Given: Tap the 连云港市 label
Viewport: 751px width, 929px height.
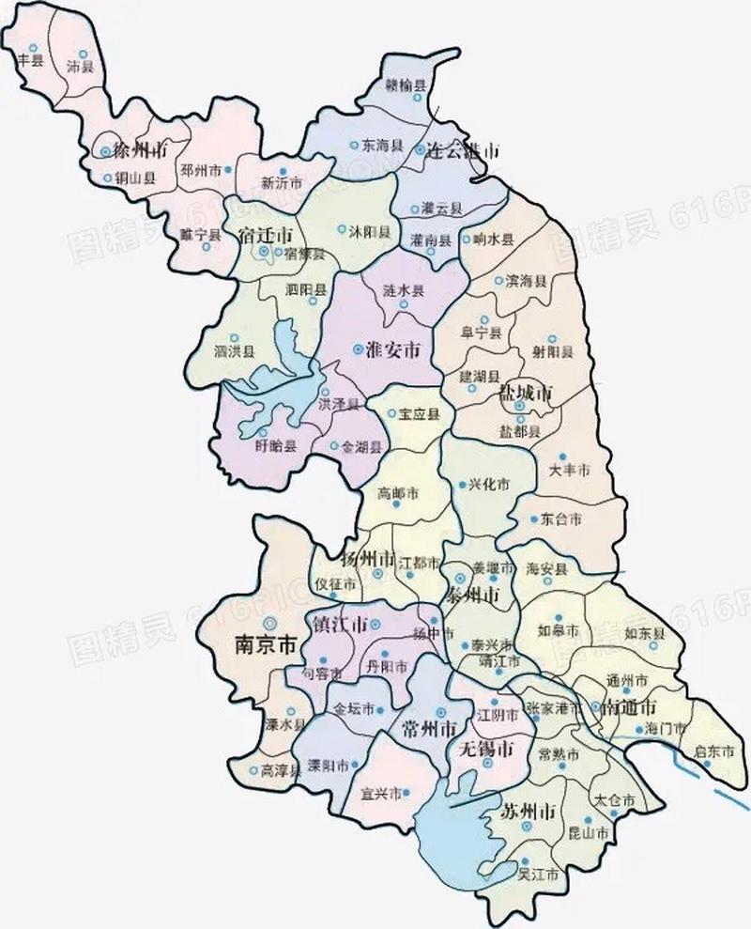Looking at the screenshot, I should (462, 150).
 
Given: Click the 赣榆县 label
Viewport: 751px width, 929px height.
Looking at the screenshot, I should (406, 85).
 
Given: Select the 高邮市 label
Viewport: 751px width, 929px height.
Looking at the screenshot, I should (397, 492).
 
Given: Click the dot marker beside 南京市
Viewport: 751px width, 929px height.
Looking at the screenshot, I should (270, 622).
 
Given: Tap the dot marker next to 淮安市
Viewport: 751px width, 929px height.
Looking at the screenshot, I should (357, 349).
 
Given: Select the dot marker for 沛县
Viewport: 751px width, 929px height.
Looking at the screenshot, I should (84, 54).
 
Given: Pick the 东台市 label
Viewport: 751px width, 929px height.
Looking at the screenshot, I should (562, 519).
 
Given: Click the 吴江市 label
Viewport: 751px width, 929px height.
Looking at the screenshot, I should (539, 875).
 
